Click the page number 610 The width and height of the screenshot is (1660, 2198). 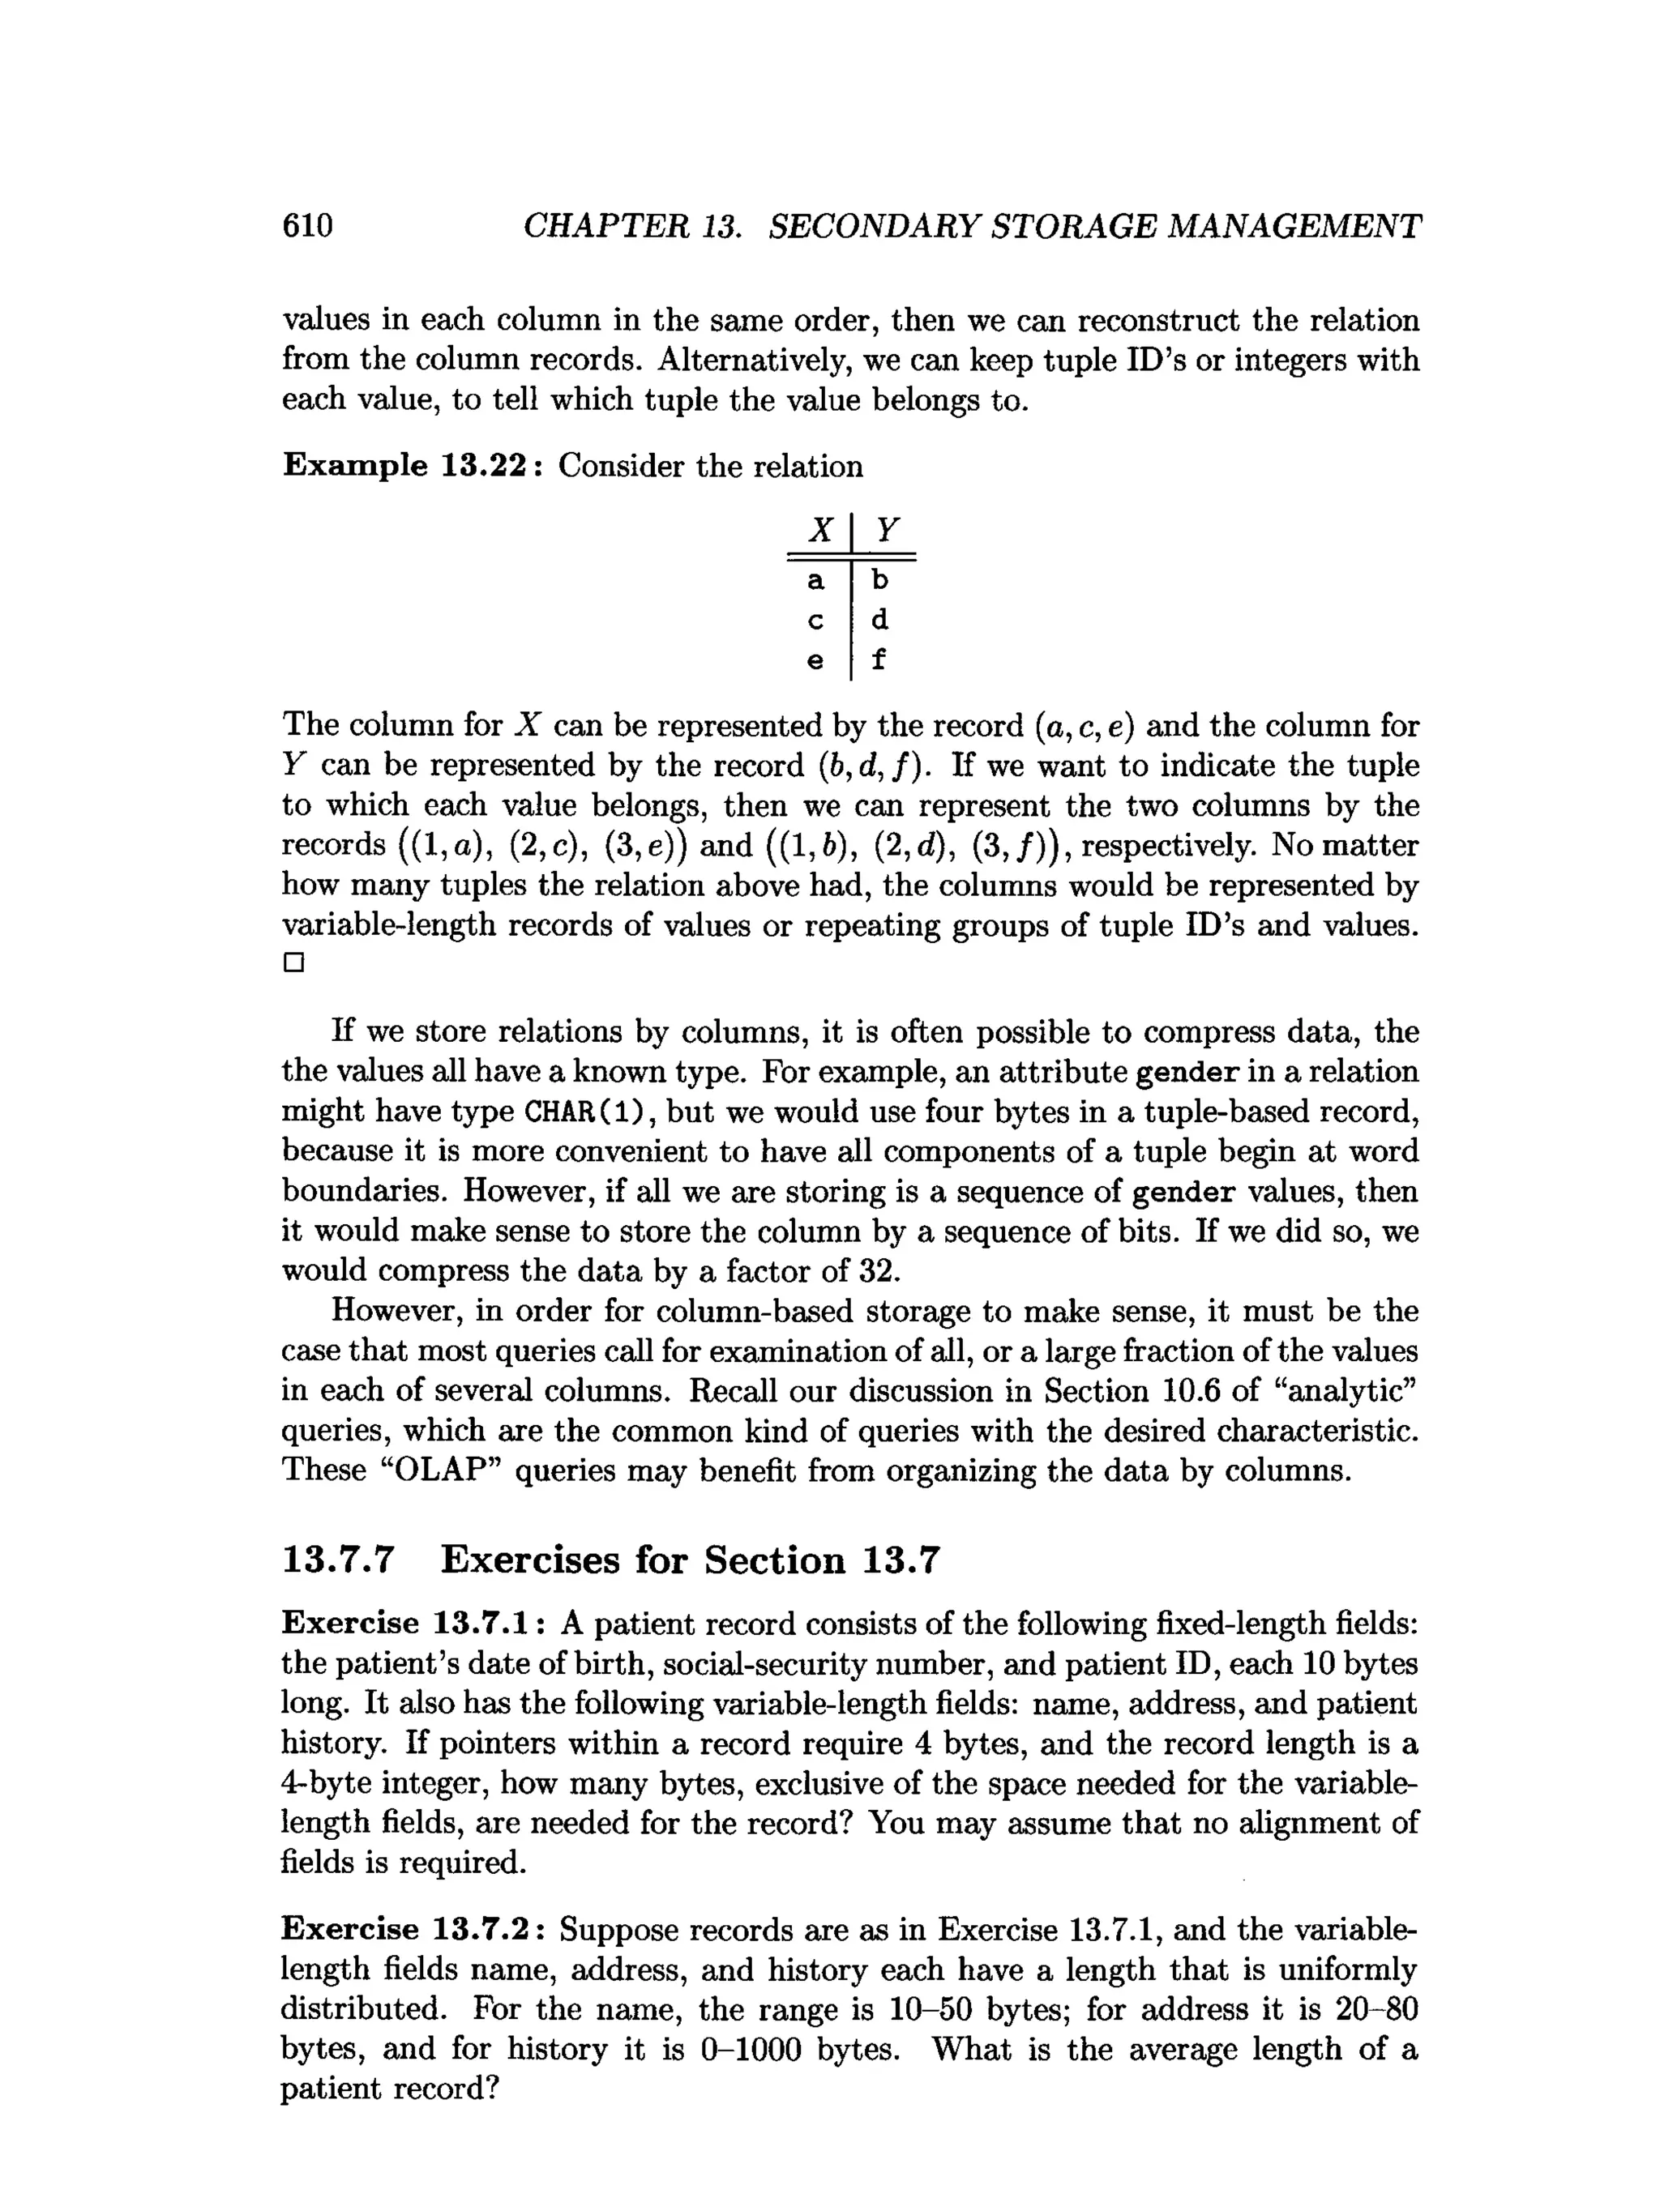click(x=307, y=227)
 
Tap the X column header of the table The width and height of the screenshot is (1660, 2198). click(x=820, y=531)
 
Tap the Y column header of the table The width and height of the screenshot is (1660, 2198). click(x=883, y=531)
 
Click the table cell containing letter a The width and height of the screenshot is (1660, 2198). click(x=816, y=579)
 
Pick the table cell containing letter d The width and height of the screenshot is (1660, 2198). click(x=879, y=619)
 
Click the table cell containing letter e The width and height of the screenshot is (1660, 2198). click(x=816, y=659)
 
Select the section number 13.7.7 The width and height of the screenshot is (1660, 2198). click(x=339, y=1560)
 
